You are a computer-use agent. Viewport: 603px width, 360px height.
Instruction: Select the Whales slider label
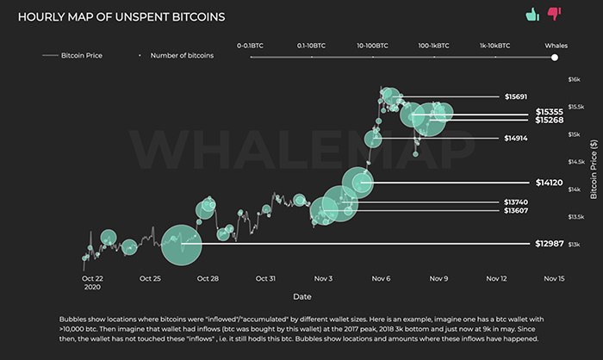556,44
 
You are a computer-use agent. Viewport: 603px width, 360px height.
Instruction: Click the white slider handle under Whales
555,58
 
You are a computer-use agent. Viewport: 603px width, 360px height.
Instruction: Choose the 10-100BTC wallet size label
371,44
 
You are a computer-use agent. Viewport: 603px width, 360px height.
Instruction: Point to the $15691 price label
517,96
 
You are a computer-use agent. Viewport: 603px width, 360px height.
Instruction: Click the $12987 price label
549,245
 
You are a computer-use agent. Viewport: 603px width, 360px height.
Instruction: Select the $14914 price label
517,138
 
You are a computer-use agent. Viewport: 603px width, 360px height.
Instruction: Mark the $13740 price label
517,202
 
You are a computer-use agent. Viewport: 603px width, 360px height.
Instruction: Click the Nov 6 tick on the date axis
382,279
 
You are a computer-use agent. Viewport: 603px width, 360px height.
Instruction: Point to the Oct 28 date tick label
207,279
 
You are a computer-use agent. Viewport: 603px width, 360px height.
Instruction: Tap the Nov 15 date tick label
555,279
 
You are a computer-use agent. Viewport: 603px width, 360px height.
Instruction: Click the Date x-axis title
301,295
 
